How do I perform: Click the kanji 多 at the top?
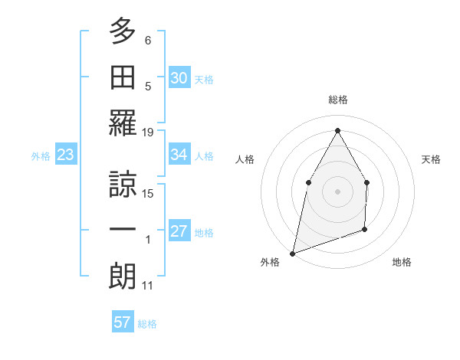coord(123,32)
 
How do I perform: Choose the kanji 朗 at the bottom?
coord(123,277)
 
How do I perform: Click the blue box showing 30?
coord(179,77)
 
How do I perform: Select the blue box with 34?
coord(179,155)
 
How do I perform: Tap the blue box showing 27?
coord(179,232)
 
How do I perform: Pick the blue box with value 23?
coord(66,155)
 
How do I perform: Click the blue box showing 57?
coord(123,322)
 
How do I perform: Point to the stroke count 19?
coord(149,133)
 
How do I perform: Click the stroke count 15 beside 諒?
coord(149,193)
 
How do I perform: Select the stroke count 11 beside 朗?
coord(148,286)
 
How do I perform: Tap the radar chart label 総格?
coord(337,100)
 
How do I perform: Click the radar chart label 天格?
coord(431,159)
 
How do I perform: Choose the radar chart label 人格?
coord(245,159)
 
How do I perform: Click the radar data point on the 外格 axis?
coord(292,253)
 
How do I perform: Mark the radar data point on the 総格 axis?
coord(337,129)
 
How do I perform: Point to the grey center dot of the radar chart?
coord(337,191)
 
